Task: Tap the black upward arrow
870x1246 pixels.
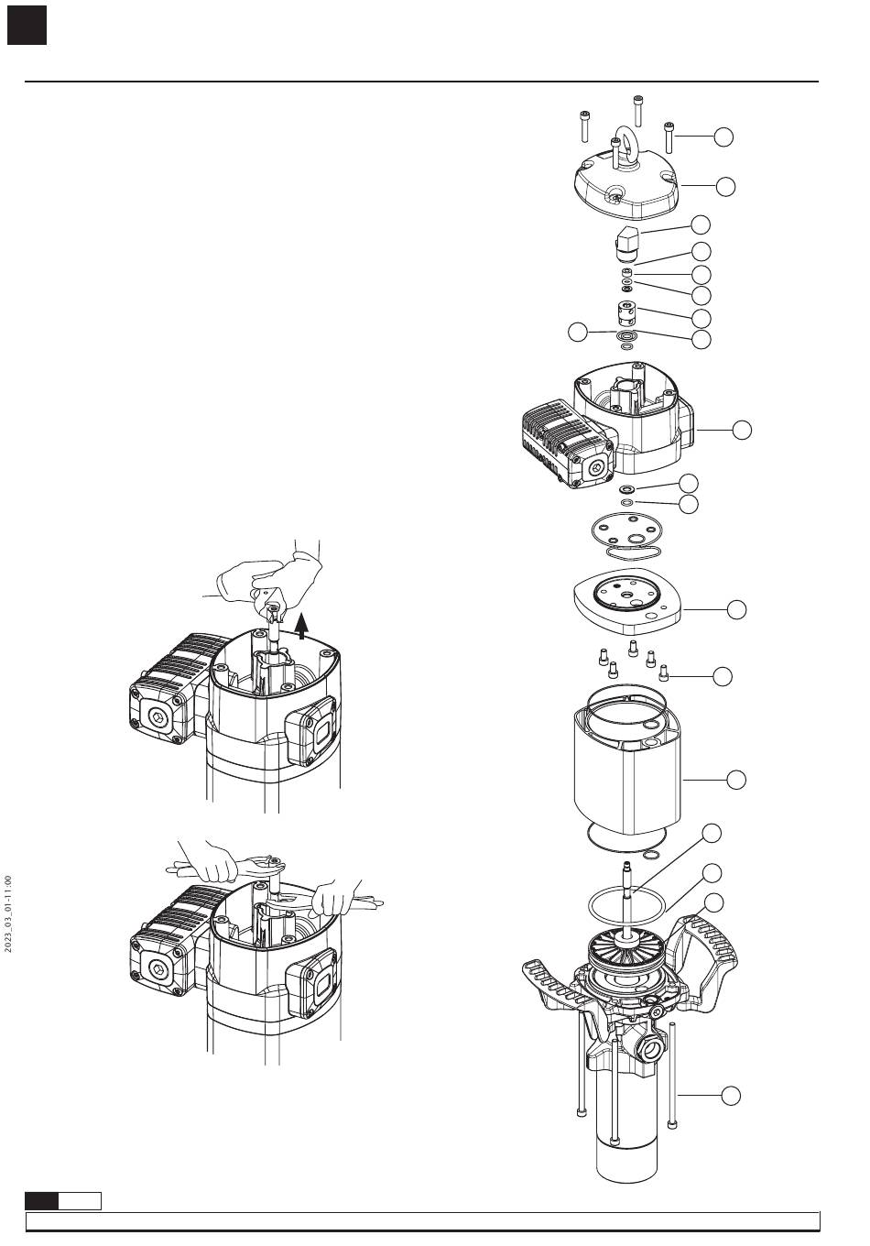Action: pyautogui.click(x=302, y=626)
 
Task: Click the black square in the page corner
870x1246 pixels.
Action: pyautogui.click(x=27, y=26)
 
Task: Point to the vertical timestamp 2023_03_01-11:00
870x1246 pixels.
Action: pyautogui.click(x=7, y=914)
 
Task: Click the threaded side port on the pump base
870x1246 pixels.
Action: pyautogui.click(x=652, y=1050)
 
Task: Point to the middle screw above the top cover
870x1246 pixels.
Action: pyautogui.click(x=637, y=110)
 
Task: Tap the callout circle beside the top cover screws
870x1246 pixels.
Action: pyautogui.click(x=723, y=137)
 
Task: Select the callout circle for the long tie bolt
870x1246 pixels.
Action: pyautogui.click(x=731, y=1096)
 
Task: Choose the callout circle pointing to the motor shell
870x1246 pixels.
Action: pyautogui.click(x=736, y=780)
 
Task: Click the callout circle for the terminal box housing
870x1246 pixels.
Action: pyautogui.click(x=742, y=430)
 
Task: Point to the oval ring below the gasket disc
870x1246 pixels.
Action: pyautogui.click(x=633, y=553)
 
